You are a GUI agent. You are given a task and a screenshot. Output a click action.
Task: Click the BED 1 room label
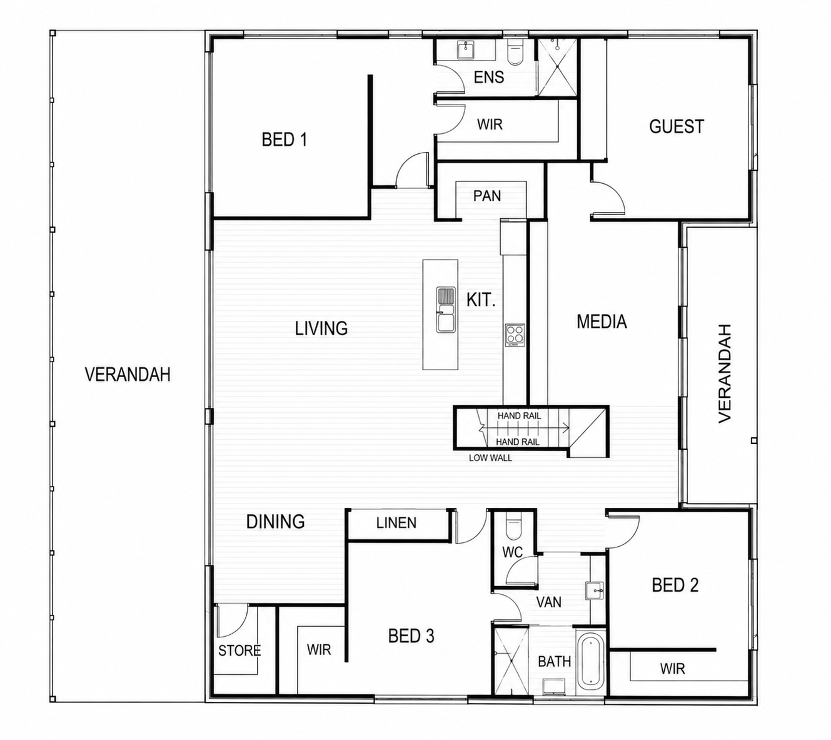[285, 139]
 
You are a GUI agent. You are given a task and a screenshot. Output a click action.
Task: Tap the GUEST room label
[677, 126]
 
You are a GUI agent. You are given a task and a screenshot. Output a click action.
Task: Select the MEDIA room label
[602, 322]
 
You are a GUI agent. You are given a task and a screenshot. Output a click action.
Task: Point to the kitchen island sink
[445, 310]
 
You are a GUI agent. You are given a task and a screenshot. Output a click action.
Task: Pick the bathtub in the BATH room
[590, 661]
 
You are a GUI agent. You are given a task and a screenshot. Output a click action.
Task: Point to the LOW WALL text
[490, 458]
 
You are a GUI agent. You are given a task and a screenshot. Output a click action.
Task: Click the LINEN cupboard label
[396, 523]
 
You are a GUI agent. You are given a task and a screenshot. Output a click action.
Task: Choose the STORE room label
[239, 651]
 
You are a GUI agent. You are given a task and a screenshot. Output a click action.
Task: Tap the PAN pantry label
[487, 196]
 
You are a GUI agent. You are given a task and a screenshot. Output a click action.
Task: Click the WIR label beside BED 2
[672, 669]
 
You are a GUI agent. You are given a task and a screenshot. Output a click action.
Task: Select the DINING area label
[275, 522]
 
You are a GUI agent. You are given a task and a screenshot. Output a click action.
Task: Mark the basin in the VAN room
[595, 591]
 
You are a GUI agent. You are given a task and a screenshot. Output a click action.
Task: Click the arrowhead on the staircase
[567, 428]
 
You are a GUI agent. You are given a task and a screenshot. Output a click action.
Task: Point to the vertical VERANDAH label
[725, 373]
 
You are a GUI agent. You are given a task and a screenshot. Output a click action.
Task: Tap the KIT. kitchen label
[481, 300]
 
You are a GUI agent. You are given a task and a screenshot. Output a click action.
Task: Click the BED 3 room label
[411, 636]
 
